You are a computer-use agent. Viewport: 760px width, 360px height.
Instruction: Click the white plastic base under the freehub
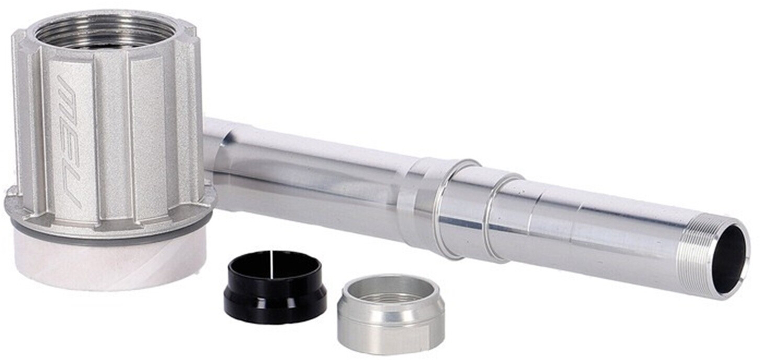pyautogui.click(x=109, y=261)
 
